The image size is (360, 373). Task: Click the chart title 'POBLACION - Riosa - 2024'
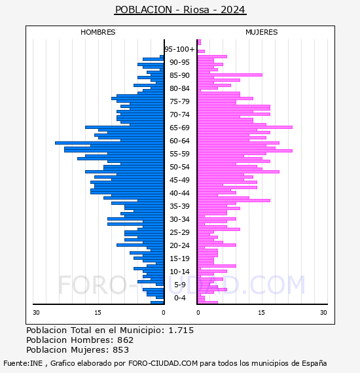pyautogui.click(x=180, y=10)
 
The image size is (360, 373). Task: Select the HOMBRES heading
pyautogui.click(x=98, y=32)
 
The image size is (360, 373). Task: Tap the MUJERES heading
pyautogui.click(x=262, y=32)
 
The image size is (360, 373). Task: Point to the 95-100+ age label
pyautogui.click(x=179, y=49)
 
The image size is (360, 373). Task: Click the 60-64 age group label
pyautogui.click(x=179, y=141)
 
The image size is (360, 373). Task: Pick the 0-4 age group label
pyautogui.click(x=180, y=298)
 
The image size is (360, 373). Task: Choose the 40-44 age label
pyautogui.click(x=179, y=193)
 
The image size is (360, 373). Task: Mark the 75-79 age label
pyautogui.click(x=179, y=101)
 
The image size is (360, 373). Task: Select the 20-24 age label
pyautogui.click(x=179, y=245)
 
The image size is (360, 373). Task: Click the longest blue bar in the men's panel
pyautogui.click(x=109, y=143)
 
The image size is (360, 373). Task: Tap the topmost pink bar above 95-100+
pyautogui.click(x=199, y=42)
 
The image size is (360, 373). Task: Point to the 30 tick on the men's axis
pyautogui.click(x=36, y=312)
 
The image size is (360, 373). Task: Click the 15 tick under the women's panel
pyautogui.click(x=261, y=312)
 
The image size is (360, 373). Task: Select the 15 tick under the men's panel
pyautogui.click(x=98, y=312)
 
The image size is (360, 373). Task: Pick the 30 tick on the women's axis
pyautogui.click(x=323, y=312)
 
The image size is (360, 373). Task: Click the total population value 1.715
pyautogui.click(x=181, y=330)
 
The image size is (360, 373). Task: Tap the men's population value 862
pyautogui.click(x=126, y=340)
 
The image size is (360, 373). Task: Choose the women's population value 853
pyautogui.click(x=121, y=349)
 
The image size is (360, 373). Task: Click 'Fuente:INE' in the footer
pyautogui.click(x=23, y=363)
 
